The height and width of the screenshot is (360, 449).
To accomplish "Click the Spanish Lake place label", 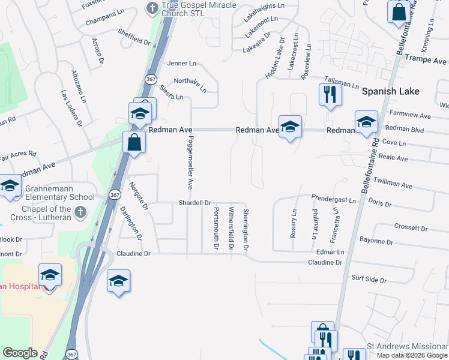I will coord(390,91).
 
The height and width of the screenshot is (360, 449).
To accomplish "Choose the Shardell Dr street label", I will coord(195,203).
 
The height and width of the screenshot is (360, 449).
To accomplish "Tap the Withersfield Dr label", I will coord(231,228).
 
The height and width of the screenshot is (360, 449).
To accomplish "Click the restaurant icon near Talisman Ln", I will coord(330,94).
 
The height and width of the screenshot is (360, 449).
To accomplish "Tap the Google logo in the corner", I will coord(20,353).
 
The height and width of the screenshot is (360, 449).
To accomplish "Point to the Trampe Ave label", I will coord(426,61).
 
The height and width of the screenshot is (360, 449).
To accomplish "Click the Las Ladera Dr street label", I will coord(71,109).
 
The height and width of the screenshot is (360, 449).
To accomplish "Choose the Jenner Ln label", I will coord(182,63).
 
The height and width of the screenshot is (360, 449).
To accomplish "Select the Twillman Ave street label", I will coord(393,180).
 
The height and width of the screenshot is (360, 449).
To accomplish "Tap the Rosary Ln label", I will coord(294,223).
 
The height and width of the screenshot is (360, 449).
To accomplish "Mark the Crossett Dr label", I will coord(410,228).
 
